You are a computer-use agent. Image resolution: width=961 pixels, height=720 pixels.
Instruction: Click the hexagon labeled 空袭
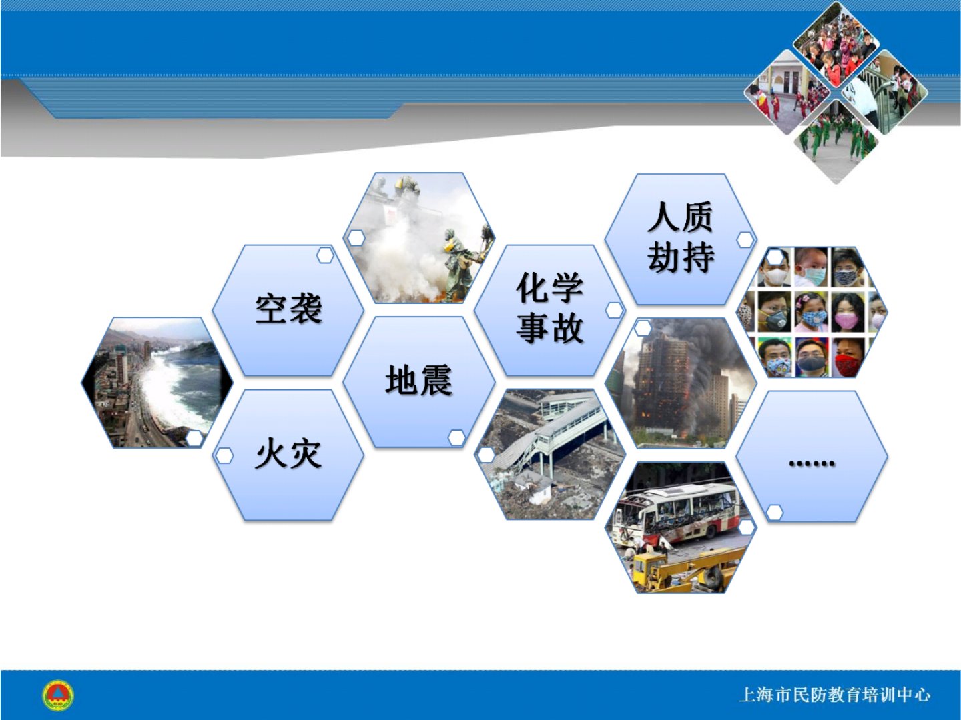(288, 310)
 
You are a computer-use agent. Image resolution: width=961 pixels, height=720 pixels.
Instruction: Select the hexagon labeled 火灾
(288, 455)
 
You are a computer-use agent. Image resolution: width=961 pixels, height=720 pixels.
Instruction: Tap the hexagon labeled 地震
(419, 381)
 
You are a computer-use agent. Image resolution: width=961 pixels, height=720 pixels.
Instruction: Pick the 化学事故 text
(550, 308)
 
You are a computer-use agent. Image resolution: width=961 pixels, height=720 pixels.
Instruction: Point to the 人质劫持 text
(680, 237)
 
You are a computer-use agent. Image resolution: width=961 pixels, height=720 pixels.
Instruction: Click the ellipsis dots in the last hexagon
(812, 463)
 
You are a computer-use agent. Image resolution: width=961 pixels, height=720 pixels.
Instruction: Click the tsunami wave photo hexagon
(157, 383)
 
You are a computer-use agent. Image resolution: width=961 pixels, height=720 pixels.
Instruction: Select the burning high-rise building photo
(681, 383)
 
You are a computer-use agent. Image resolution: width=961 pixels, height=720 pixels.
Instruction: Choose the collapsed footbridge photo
(550, 454)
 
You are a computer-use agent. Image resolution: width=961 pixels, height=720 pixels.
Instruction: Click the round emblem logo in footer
(58, 695)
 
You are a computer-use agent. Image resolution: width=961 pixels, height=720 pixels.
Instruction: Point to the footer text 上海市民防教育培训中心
(834, 695)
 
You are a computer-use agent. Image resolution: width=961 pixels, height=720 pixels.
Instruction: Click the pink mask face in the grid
(848, 313)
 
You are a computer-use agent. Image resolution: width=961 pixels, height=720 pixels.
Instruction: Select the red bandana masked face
(848, 357)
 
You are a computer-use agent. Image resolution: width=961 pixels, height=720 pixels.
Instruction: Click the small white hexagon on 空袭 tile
(325, 255)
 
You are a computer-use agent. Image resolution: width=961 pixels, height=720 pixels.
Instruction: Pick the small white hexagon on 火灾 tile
(225, 455)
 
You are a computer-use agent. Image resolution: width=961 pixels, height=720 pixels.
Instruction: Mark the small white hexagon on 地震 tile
(456, 437)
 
